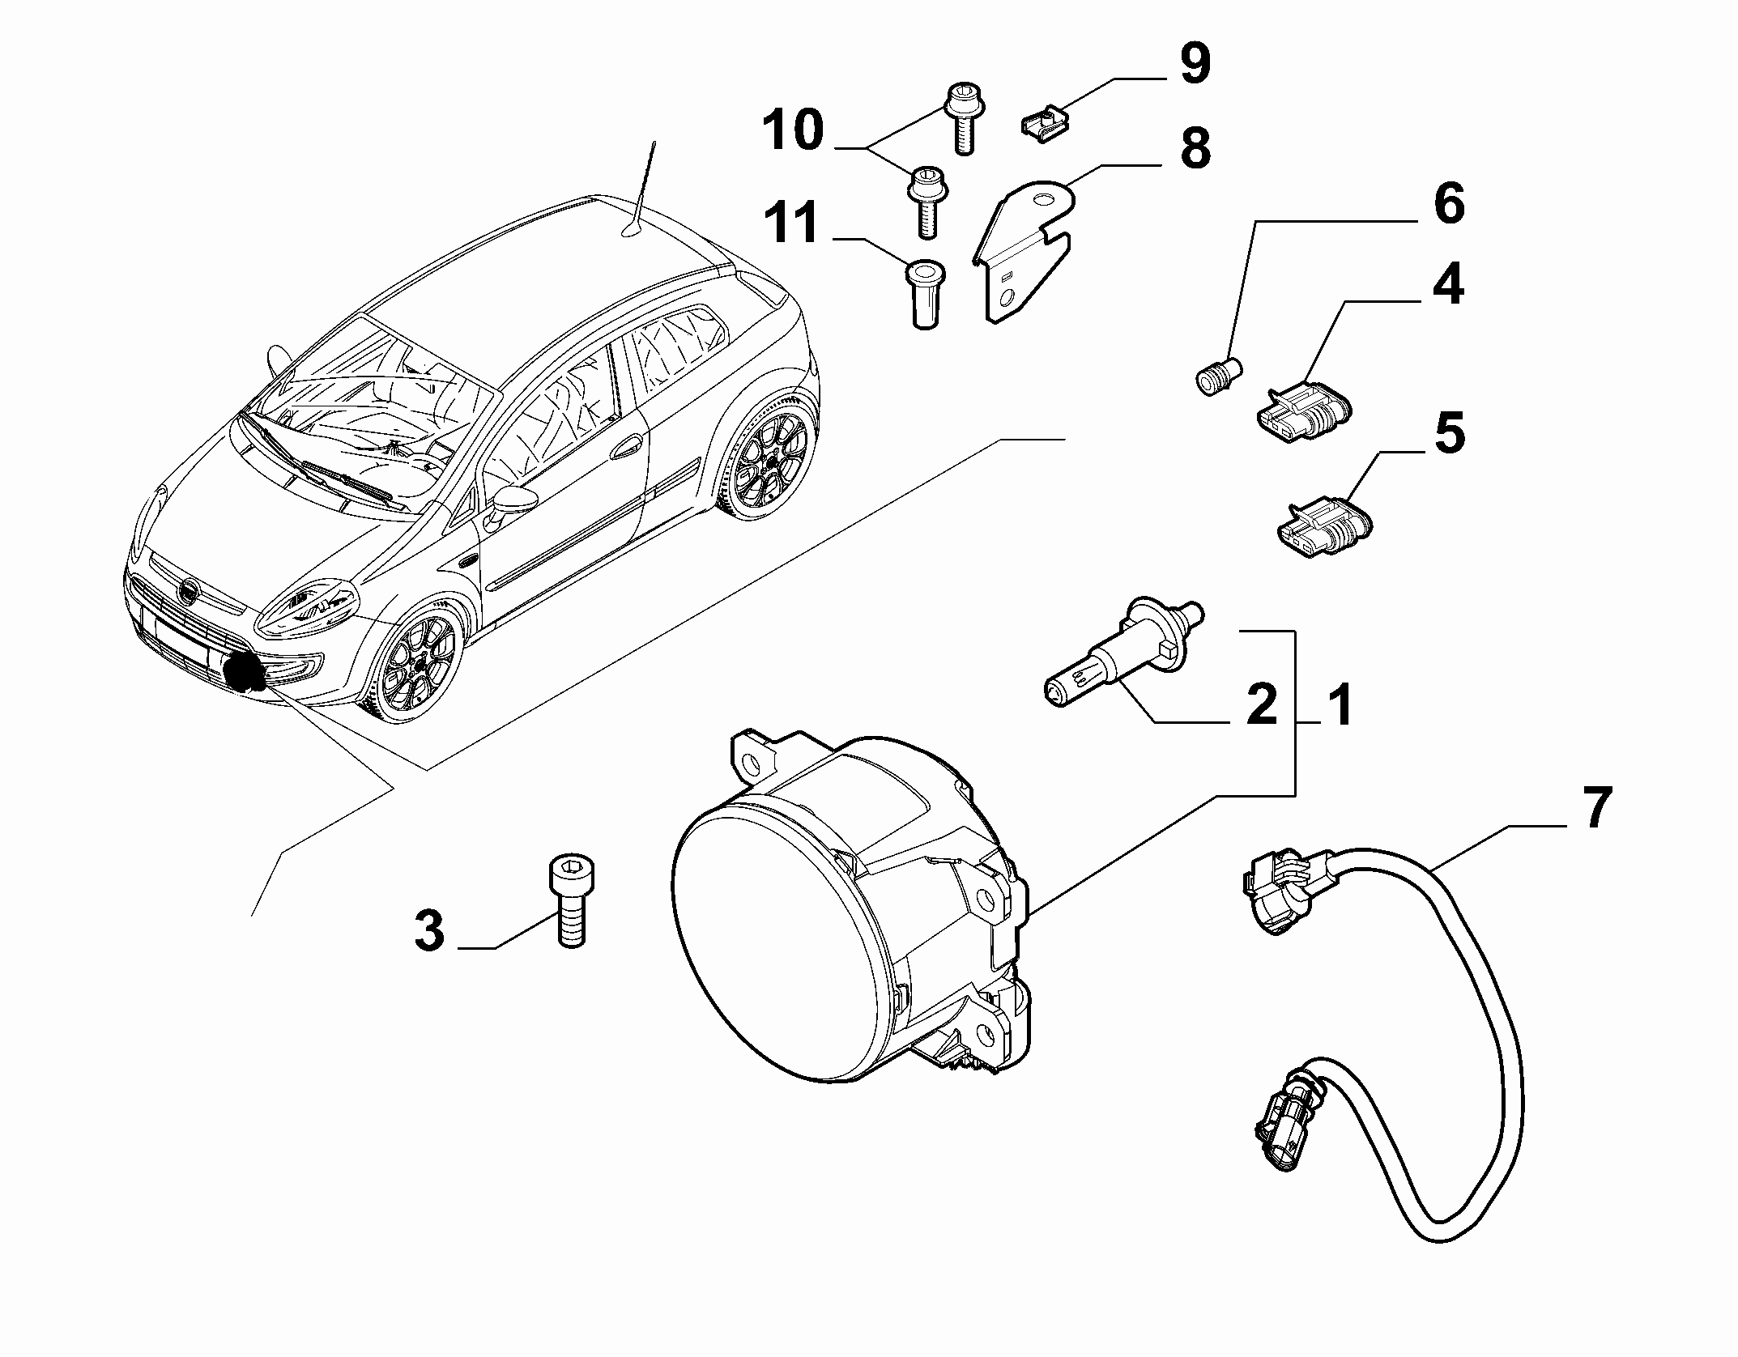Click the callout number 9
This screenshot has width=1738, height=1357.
1194,64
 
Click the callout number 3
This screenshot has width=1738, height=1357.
430,930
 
